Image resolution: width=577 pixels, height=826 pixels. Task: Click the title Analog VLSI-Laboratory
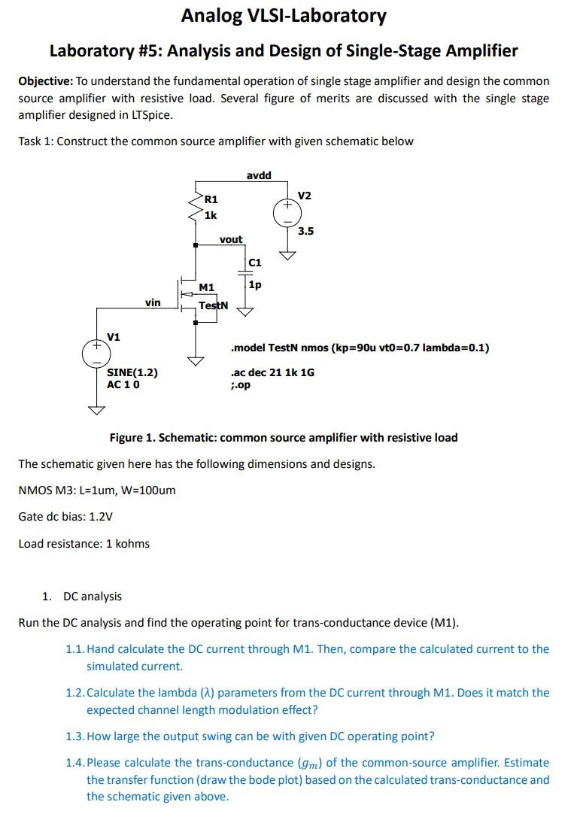pos(284,16)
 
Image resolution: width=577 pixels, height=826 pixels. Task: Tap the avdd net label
pos(259,175)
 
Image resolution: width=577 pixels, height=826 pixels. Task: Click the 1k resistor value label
pos(211,215)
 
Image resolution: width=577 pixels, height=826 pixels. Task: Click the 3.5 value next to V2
pos(305,231)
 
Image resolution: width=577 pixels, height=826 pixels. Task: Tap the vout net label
pos(231,239)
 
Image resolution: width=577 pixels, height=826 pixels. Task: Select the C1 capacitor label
pos(254,263)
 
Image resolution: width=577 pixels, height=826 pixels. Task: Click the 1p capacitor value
pos(254,285)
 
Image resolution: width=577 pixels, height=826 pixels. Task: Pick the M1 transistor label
pos(207,287)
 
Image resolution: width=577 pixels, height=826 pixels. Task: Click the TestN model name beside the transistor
pos(213,305)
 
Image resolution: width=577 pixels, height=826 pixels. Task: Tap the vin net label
pos(153,302)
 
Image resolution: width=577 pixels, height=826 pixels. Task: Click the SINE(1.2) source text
pos(132,372)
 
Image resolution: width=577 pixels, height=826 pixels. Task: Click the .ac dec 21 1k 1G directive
pos(273,372)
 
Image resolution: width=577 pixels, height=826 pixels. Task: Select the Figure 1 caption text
pos(284,438)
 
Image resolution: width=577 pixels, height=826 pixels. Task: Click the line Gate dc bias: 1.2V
pos(66,517)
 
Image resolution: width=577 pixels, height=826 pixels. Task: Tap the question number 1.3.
pos(74,736)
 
